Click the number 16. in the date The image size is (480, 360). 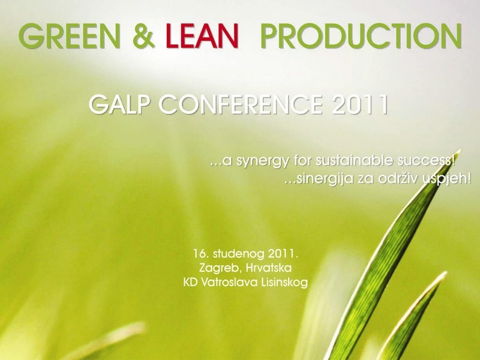pyautogui.click(x=201, y=253)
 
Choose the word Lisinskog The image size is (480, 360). pyautogui.click(x=283, y=282)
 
